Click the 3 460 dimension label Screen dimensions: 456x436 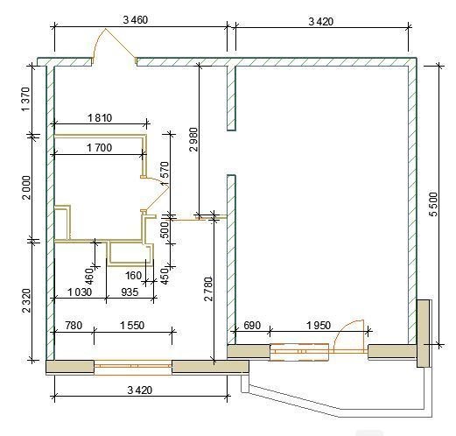136,20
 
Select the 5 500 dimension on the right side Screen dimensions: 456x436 434,204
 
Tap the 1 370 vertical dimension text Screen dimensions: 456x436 25,99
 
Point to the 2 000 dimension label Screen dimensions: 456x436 26,187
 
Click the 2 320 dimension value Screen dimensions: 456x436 26,300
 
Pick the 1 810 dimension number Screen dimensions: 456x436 100,118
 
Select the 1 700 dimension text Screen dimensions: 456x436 100,148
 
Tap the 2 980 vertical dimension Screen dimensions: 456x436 193,139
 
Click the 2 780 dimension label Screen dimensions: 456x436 208,289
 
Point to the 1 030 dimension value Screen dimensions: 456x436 80,292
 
